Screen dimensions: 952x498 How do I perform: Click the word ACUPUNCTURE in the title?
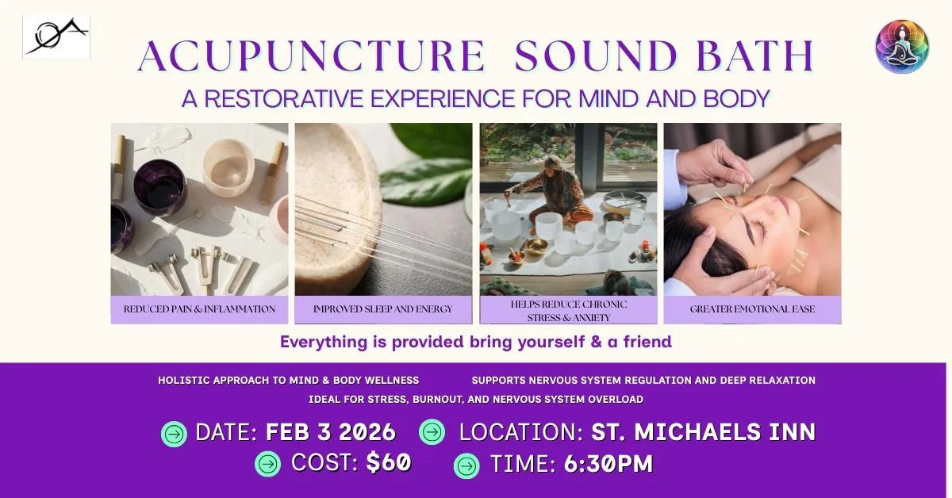(x=312, y=56)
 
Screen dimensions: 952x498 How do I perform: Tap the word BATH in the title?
(x=755, y=56)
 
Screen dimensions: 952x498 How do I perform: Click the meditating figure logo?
(x=902, y=46)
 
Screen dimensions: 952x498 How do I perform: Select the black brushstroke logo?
(x=56, y=36)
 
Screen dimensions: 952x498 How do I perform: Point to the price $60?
(x=389, y=462)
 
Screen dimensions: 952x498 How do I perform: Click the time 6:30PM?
(x=608, y=464)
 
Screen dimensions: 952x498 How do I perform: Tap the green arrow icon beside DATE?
(x=174, y=434)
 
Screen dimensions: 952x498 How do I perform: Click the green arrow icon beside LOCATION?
(x=432, y=431)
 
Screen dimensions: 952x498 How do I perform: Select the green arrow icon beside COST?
(x=268, y=464)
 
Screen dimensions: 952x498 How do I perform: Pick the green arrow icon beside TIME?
(x=466, y=465)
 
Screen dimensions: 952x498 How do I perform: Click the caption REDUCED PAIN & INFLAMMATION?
(x=199, y=309)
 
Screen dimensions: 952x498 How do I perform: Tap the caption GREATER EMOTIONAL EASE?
(x=752, y=309)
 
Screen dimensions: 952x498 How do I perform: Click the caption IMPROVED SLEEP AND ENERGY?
(x=383, y=309)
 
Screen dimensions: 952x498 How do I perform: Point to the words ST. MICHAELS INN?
(x=704, y=431)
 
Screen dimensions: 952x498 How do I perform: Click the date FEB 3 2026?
(x=331, y=432)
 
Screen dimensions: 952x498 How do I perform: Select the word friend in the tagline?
(x=647, y=342)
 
